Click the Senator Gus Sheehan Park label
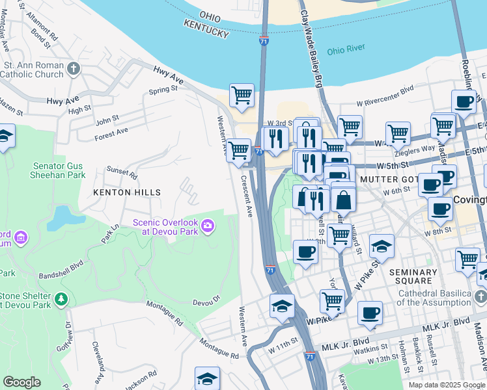tap(59, 170)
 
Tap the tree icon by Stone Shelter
tap(61, 298)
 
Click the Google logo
tap(21, 382)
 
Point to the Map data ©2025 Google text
tap(446, 385)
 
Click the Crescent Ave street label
tap(247, 196)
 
